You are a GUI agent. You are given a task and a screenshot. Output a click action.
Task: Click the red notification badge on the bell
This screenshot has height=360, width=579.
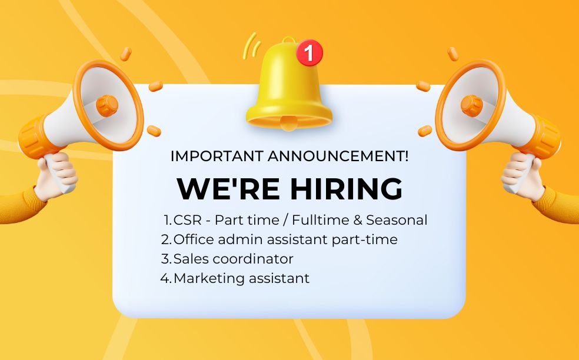point(310,52)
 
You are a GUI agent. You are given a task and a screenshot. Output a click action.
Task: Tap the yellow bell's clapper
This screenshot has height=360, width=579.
point(288,124)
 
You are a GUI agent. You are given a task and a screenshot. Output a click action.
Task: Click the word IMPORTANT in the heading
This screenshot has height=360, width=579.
point(217,156)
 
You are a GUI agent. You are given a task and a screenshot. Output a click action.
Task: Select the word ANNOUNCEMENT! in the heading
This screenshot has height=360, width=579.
point(338,156)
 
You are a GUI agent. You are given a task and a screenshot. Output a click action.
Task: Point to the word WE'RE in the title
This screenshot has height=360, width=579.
point(228,189)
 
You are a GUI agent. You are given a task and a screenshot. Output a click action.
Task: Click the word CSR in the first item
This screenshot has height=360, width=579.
point(188,220)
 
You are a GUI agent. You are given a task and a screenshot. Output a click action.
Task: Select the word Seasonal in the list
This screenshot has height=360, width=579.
point(397,220)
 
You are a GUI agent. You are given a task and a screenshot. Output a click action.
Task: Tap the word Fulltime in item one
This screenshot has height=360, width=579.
point(320,220)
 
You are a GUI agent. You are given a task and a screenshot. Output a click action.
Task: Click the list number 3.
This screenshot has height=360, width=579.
point(165,259)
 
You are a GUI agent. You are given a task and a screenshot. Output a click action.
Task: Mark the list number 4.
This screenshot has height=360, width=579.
point(165,278)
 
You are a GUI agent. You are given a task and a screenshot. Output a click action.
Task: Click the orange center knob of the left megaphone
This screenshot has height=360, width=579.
point(107,106)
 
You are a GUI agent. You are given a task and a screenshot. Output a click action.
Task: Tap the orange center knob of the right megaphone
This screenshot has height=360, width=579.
point(471,106)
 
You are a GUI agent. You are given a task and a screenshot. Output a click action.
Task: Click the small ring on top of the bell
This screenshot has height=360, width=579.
point(289,39)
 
